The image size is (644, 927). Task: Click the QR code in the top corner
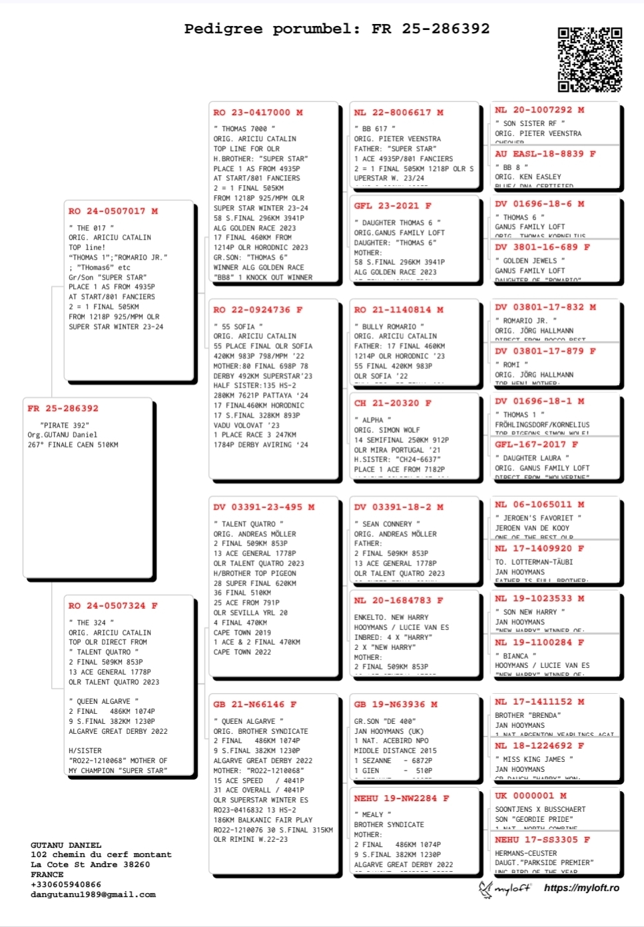589,59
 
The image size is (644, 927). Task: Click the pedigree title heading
336,29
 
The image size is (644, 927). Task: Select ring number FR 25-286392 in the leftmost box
63,408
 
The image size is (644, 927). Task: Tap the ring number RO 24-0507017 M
113,211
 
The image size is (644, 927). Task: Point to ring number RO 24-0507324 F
113,606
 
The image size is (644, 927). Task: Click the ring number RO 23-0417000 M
258,113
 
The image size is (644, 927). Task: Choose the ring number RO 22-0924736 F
258,310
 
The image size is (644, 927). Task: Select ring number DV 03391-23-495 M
264,507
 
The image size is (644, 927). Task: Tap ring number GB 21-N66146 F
254,704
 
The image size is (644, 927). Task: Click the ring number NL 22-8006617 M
398,113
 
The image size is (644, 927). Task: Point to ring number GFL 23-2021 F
392,206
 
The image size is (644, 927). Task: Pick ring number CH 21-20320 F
392,403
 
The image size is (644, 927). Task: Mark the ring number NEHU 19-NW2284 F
401,798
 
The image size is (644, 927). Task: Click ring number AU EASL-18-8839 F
545,154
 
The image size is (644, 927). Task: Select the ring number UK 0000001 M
530,795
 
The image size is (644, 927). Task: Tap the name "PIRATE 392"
65,425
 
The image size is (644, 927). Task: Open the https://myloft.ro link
581,888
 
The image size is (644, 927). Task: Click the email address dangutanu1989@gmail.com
93,894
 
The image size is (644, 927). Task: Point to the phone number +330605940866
66,884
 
